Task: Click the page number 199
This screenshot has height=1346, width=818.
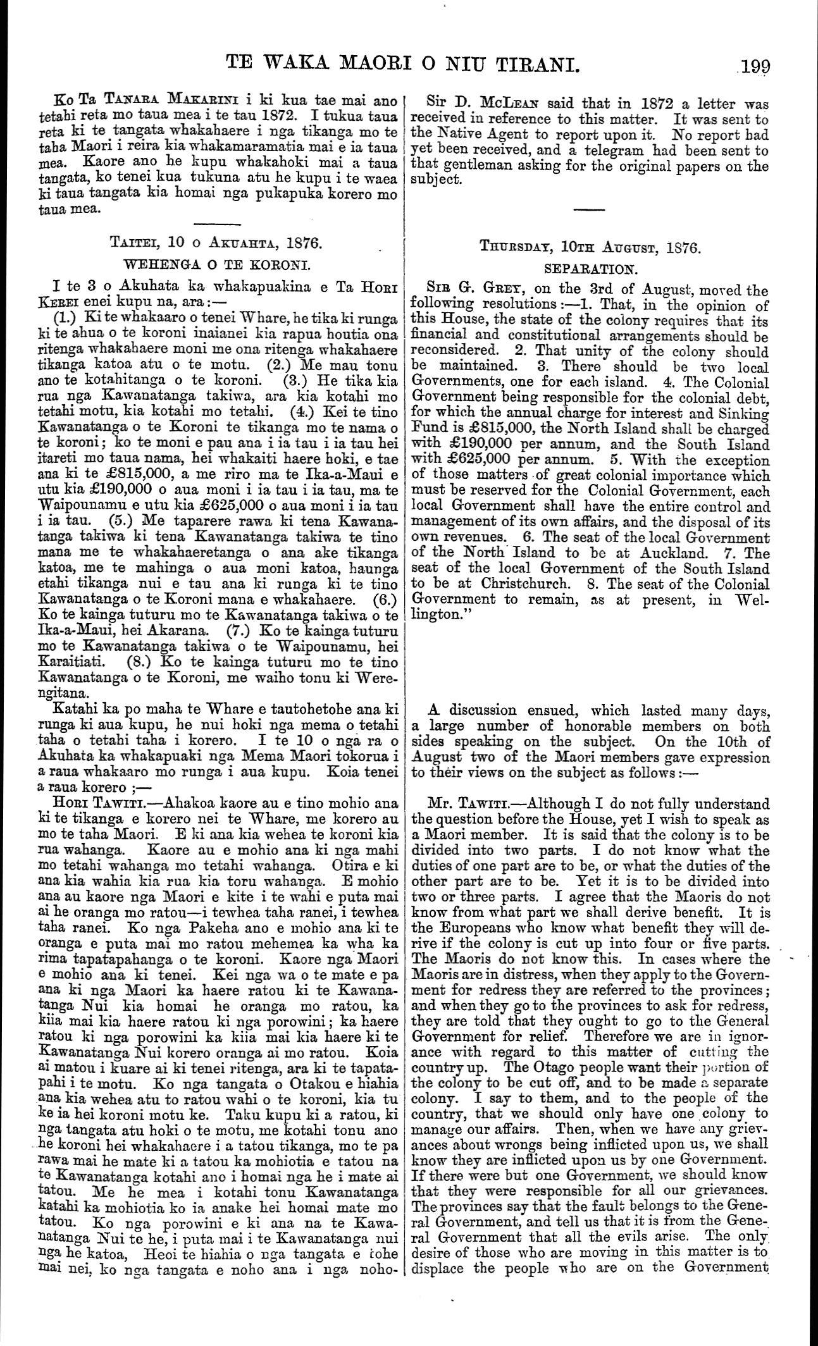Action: (752, 66)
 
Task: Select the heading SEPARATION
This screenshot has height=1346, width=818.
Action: (590, 268)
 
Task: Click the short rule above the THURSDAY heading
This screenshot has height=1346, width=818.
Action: (590, 209)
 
